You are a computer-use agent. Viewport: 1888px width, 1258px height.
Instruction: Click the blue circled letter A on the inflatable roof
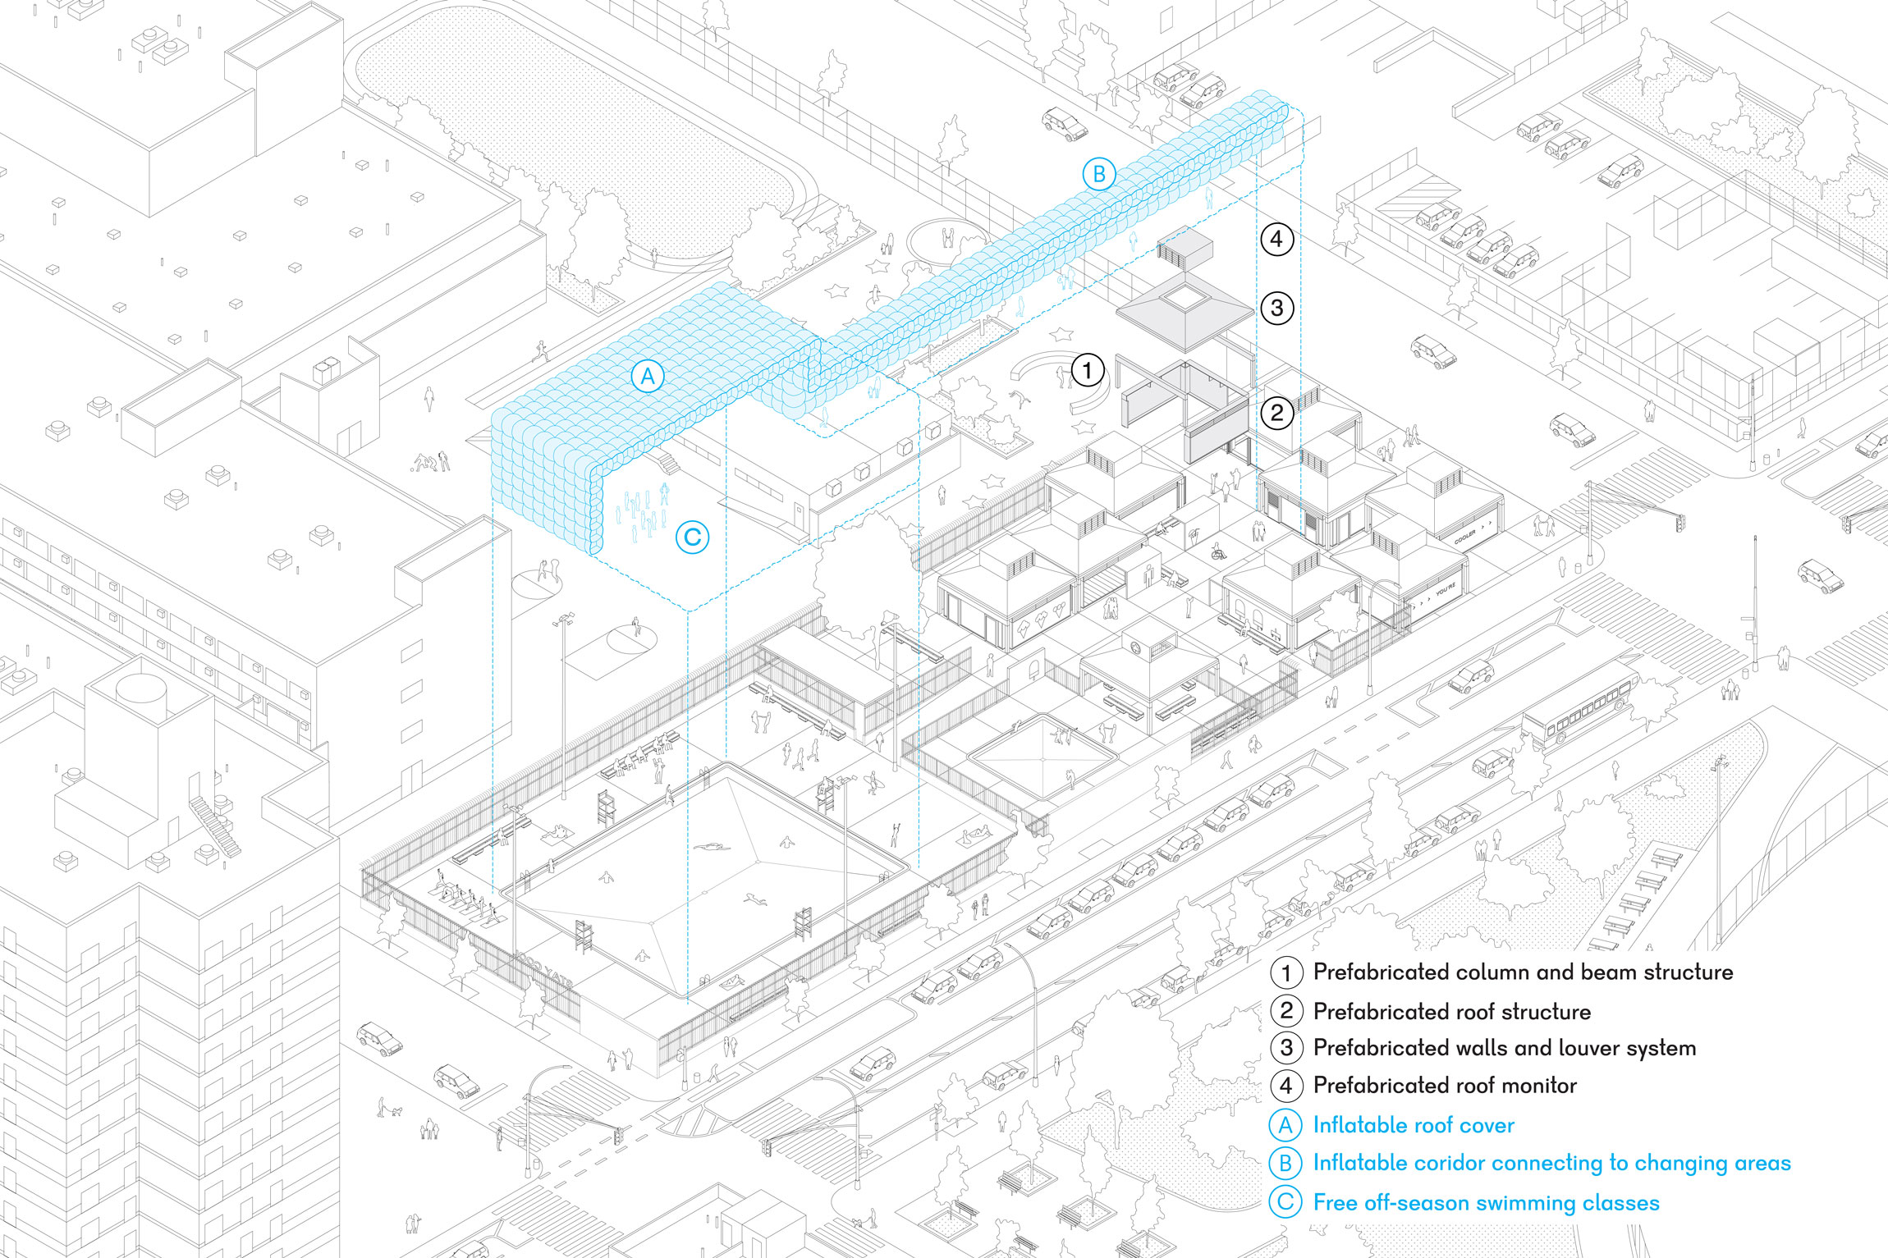coord(648,377)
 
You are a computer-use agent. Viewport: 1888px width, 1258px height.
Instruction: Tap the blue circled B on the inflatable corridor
coord(1098,175)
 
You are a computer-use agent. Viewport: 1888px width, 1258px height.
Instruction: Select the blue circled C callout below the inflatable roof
coord(692,538)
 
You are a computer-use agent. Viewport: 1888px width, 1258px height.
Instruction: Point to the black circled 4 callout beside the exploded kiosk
coord(1276,239)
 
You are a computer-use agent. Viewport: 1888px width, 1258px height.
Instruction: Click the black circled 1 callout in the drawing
coord(1088,370)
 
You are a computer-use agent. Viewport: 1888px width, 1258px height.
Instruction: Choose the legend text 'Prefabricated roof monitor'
coord(1445,1086)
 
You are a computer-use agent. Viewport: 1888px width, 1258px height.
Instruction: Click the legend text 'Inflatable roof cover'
coord(1414,1125)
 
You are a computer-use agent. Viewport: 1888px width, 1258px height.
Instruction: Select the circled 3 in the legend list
coord(1286,1048)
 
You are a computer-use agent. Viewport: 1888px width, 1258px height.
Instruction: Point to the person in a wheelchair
coord(1218,551)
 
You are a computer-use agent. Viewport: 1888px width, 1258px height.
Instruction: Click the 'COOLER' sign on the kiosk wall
coord(1465,537)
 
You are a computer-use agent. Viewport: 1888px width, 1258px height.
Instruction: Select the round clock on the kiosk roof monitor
coord(1136,648)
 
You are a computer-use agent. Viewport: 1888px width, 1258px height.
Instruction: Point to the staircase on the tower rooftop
coord(215,826)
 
